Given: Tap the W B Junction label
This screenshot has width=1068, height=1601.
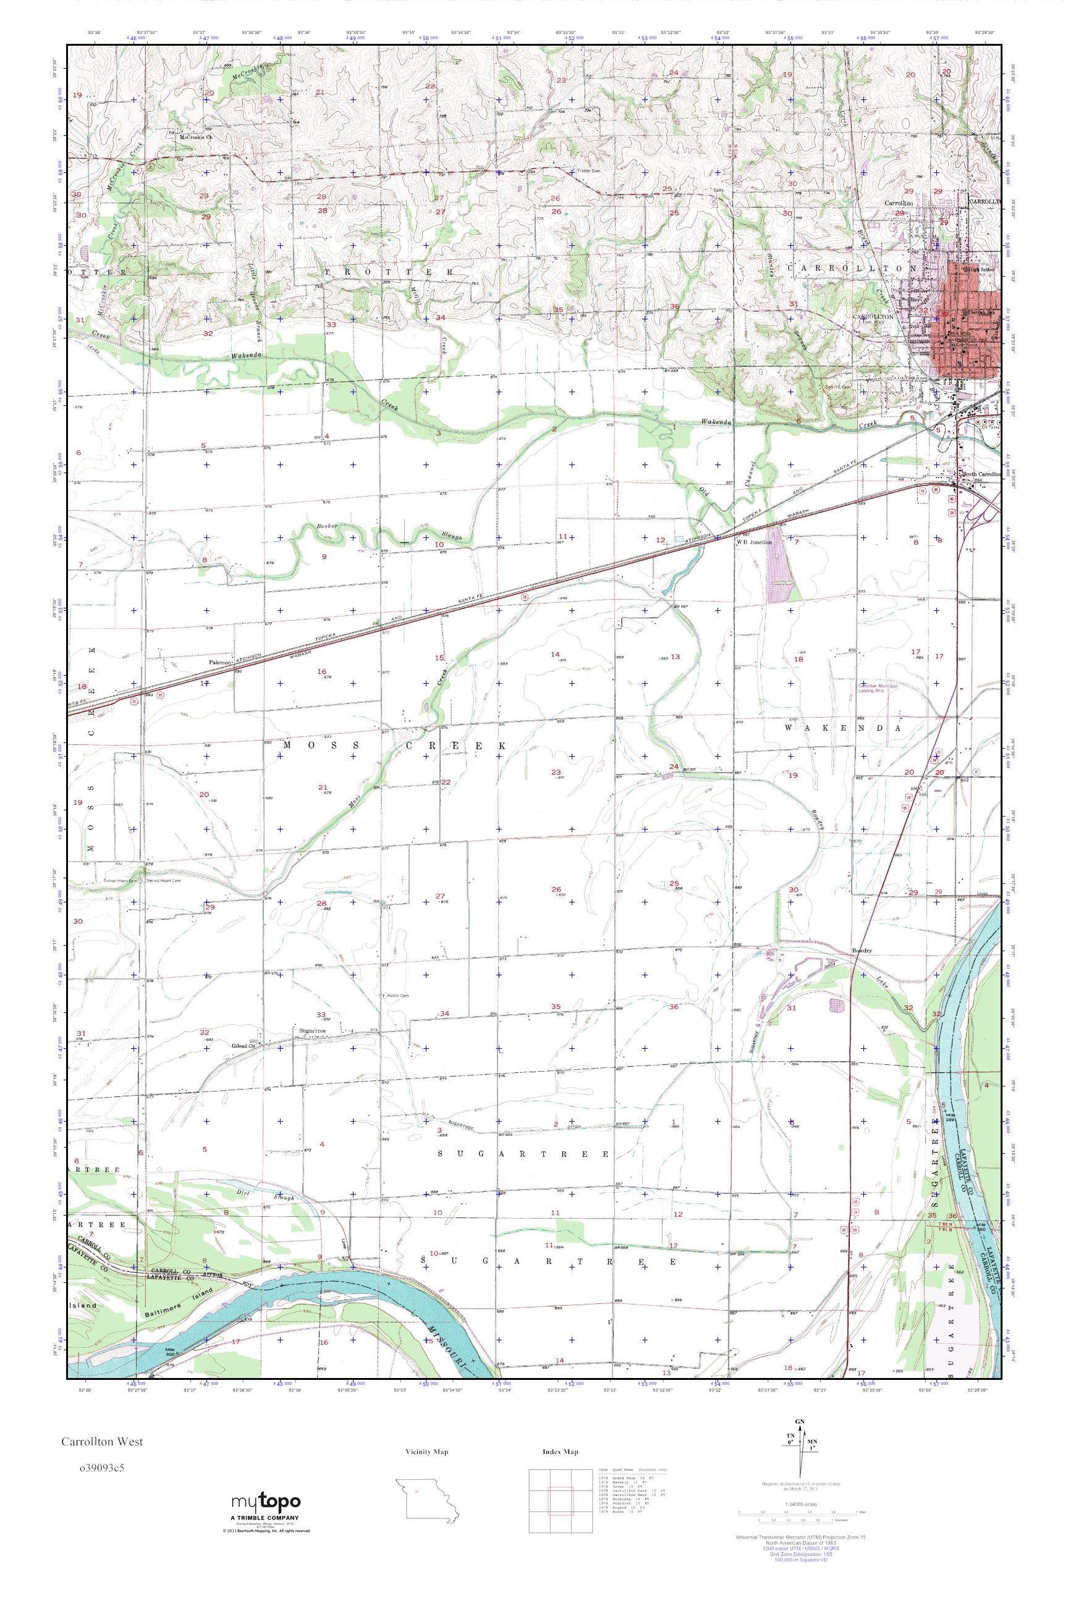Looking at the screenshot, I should pyautogui.click(x=753, y=542).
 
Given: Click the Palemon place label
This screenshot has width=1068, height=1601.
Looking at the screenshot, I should pyautogui.click(x=221, y=661).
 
